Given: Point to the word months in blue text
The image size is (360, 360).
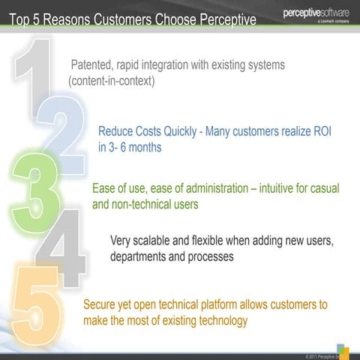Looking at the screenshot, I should click(x=139, y=147).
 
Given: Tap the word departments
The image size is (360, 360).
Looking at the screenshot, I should click(x=141, y=256).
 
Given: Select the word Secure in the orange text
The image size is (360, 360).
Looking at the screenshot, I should click(x=101, y=305).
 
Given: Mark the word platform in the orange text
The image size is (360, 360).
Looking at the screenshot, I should click(x=225, y=305).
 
